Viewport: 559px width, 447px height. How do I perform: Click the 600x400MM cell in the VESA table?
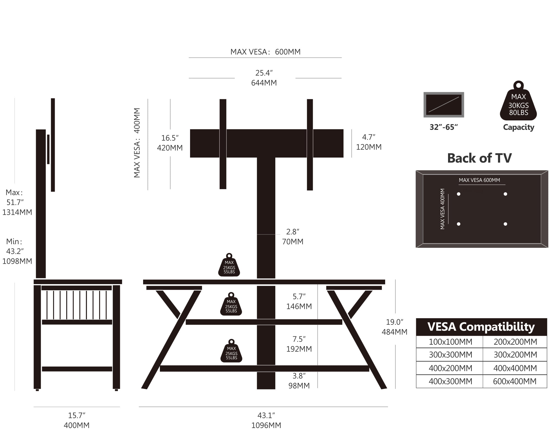point(515,381)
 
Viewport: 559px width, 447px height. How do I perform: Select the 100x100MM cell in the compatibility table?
point(450,342)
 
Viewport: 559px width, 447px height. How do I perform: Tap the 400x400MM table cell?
point(515,368)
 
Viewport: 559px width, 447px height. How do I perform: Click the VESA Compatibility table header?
point(481,327)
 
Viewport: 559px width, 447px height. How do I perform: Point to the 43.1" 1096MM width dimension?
point(266,420)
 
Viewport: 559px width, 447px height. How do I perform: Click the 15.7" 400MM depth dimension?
point(77,420)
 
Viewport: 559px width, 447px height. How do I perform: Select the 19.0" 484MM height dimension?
point(394,327)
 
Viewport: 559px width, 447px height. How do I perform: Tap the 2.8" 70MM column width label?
point(293,237)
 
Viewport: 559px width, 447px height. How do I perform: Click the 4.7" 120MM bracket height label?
point(369,142)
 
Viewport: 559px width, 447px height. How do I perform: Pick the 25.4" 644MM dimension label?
point(264,78)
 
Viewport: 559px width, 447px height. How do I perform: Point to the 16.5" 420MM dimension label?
point(170,143)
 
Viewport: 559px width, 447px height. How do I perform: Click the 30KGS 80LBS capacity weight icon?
point(518,101)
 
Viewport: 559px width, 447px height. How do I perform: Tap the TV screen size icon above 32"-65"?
point(444,104)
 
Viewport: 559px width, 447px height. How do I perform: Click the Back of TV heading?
point(479,158)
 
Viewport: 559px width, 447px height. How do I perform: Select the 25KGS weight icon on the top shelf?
point(229,265)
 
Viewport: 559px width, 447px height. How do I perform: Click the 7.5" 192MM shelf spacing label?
point(299,344)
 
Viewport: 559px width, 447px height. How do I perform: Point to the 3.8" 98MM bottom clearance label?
point(299,381)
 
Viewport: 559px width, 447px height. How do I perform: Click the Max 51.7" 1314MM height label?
point(17,202)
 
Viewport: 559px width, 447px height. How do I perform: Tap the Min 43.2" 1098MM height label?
point(17,251)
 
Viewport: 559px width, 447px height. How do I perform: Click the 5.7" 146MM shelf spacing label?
point(299,301)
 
